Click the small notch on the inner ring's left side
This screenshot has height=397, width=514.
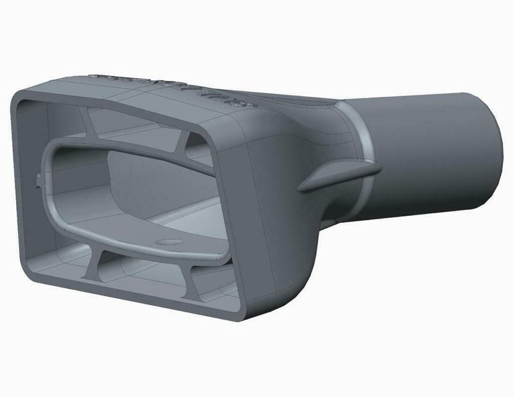click(42, 181)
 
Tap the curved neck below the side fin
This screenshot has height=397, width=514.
click(321, 212)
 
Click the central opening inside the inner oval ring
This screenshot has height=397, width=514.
click(128, 186)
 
